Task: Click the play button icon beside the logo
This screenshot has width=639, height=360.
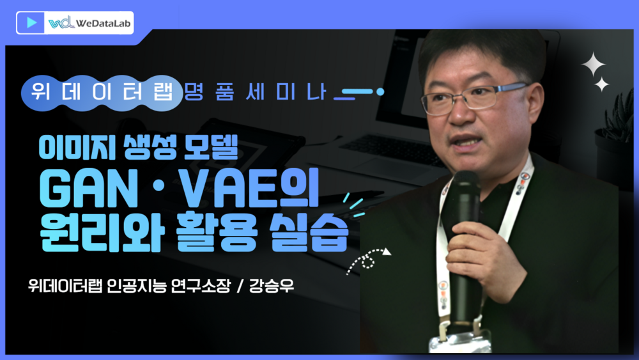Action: (31, 22)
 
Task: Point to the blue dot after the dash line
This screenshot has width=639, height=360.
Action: (380, 92)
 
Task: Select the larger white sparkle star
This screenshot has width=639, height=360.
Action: (593, 64)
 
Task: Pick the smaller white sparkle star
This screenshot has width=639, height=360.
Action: (601, 84)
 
